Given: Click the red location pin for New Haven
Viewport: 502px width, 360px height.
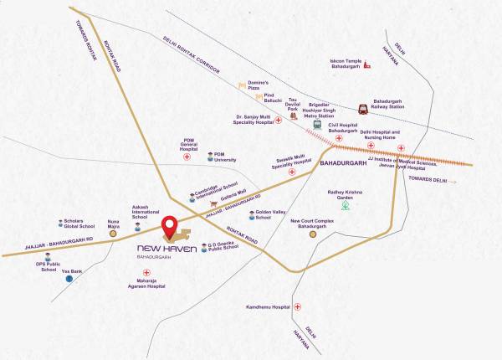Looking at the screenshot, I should [x=169, y=225].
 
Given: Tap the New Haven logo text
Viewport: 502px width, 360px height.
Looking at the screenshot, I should [x=167, y=249].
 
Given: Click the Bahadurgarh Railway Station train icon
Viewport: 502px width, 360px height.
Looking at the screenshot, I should [x=363, y=108].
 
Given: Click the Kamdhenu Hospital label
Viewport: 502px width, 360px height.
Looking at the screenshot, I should [x=268, y=308].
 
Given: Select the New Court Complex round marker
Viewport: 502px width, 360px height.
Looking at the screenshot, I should [x=312, y=235].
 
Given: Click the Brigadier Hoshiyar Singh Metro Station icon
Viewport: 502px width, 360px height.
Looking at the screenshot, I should [x=317, y=124].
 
